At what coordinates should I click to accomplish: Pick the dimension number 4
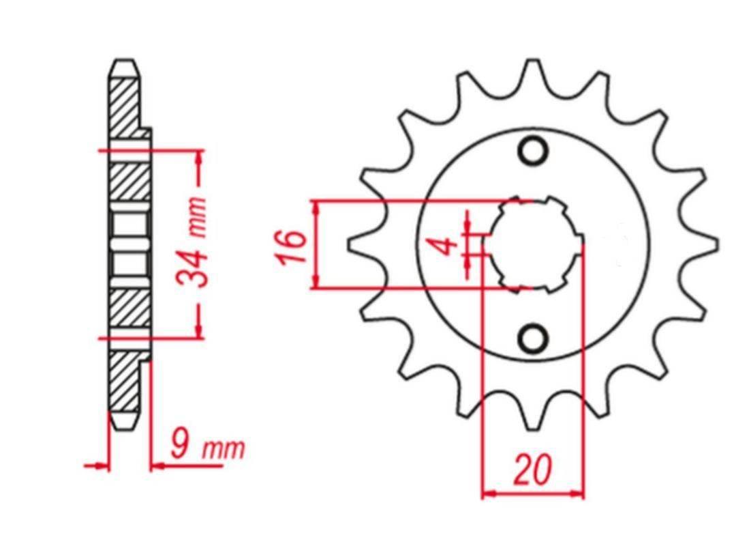coord(446,245)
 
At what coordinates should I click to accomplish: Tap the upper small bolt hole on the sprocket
coord(533,151)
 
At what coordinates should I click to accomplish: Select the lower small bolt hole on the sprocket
coord(533,338)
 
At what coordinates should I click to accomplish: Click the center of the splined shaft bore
coord(533,244)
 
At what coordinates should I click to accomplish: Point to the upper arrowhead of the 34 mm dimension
coord(199,158)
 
